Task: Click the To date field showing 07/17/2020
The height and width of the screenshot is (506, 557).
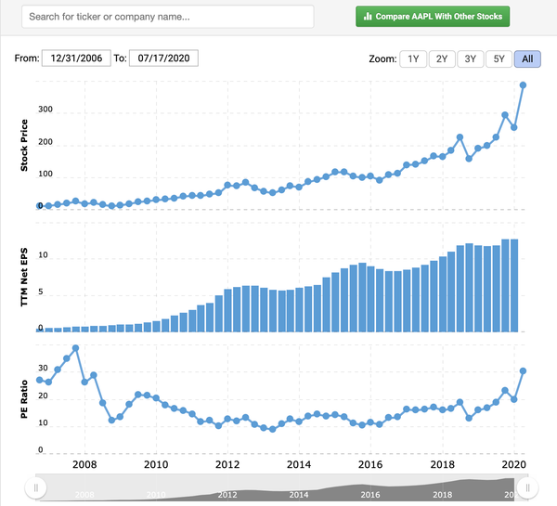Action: point(163,58)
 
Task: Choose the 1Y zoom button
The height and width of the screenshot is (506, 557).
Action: point(413,58)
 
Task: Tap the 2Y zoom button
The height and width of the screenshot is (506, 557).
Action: point(442,58)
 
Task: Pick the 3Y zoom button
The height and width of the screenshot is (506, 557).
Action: point(471,58)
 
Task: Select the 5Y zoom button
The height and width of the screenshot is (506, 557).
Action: point(499,58)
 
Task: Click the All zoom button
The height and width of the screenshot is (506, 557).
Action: point(527,58)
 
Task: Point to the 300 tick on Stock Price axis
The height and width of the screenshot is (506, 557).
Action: point(45,113)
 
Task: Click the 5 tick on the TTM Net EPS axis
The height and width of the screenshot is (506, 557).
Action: point(41,295)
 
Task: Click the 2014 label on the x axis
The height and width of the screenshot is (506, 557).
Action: point(299,464)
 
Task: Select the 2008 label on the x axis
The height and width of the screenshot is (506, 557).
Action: point(84,464)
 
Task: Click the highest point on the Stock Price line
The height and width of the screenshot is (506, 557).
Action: point(524,85)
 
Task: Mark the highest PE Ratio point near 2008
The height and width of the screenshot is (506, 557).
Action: point(75,348)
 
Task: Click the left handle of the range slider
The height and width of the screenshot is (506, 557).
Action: point(36,487)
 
